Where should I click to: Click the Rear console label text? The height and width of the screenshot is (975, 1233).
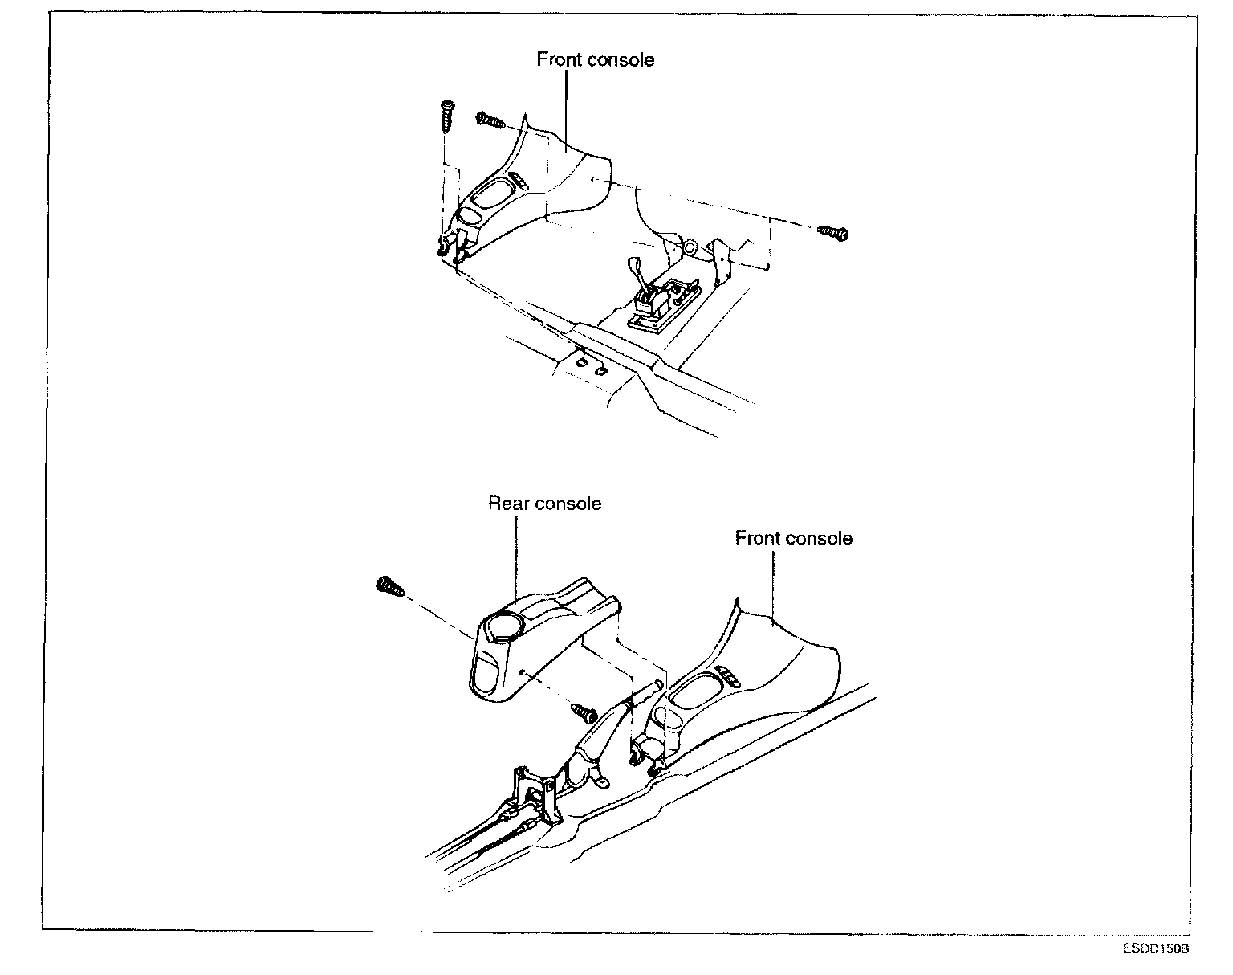544,504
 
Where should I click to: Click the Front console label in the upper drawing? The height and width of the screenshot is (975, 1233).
596,60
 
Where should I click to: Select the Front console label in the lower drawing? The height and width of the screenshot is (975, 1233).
793,538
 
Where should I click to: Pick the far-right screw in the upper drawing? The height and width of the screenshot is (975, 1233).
834,233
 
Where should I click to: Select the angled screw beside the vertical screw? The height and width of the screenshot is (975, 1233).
490,120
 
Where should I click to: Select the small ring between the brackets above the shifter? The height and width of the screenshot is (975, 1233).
689,247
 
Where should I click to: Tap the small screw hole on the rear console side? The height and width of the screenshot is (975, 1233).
523,669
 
